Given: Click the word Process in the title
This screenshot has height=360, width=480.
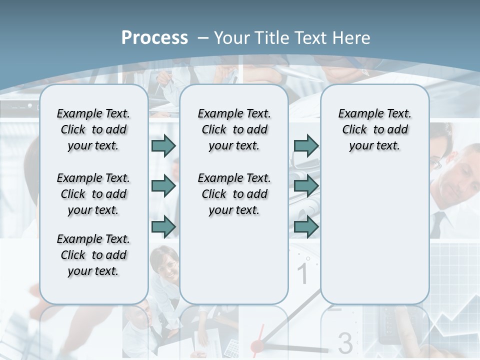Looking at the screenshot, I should (x=154, y=37).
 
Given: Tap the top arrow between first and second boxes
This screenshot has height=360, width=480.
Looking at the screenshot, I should (x=163, y=145).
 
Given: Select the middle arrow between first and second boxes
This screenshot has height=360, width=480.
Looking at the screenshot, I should (x=163, y=186).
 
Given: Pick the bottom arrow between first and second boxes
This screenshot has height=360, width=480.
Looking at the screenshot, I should (x=163, y=226).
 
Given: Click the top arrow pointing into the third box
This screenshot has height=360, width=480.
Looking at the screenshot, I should (x=306, y=145).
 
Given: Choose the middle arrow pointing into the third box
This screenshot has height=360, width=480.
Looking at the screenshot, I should (x=306, y=186).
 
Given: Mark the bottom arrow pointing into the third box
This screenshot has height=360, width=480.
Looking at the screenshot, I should (x=306, y=226).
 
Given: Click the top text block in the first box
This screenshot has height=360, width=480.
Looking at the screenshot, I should (x=93, y=129).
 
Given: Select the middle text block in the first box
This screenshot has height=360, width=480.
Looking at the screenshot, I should (x=93, y=194).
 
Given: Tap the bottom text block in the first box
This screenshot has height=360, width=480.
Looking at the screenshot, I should (x=93, y=255).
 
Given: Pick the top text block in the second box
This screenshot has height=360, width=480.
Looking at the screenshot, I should (x=234, y=129).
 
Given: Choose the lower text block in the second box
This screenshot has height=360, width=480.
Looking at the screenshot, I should (x=234, y=194).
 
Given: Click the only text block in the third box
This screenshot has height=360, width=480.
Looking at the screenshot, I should (x=374, y=129).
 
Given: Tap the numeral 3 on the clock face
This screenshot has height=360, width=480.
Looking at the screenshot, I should (x=345, y=342).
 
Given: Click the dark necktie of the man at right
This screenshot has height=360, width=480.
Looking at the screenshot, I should (x=437, y=224).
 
